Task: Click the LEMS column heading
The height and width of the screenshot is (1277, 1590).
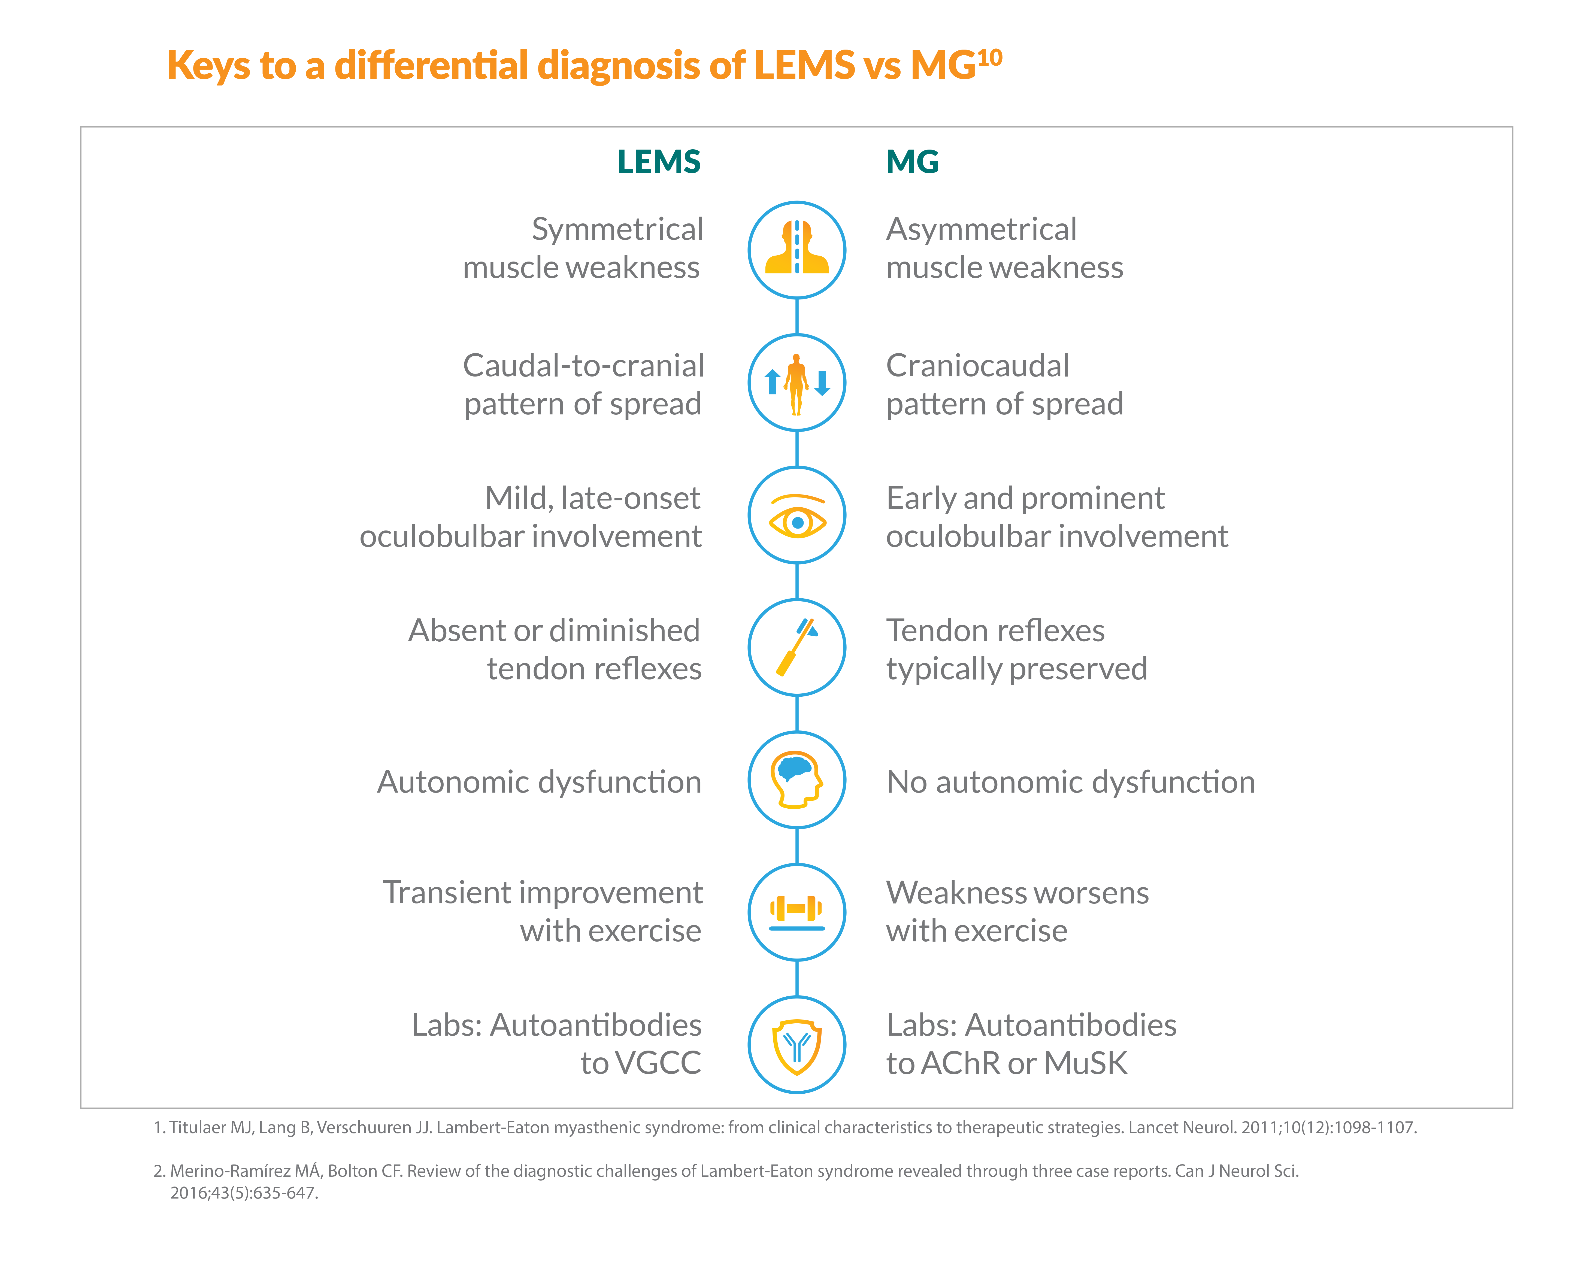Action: [659, 162]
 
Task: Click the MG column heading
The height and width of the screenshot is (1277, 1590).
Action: [912, 162]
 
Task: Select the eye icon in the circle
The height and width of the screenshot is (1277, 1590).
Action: [797, 516]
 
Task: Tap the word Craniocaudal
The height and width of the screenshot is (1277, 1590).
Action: [977, 366]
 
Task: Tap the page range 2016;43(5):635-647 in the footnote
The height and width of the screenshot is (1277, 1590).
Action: [244, 1193]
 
